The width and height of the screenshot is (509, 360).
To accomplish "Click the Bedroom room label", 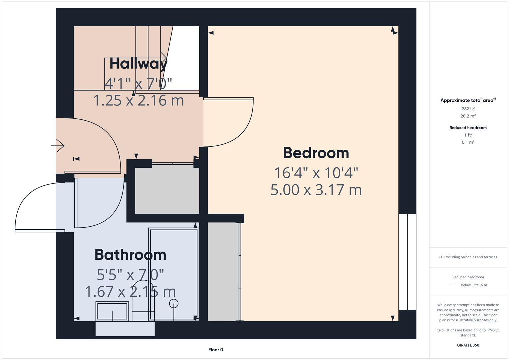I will pos(316,153).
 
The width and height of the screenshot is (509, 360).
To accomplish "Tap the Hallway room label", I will pos(138,63).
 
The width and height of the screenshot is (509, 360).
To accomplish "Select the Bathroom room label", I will pos(130,255).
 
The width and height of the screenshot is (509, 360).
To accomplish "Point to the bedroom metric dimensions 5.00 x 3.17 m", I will pos(316,190).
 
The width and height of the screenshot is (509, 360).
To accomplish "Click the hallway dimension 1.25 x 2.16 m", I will pos(138,100).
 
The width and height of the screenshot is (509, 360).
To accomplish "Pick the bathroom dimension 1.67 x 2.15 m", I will pos(130,292).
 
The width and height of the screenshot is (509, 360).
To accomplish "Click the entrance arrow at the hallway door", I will pos(58,146).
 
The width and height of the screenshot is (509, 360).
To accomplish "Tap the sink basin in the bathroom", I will pos(112,311).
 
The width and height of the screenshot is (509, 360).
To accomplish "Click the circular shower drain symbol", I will pos(174,303).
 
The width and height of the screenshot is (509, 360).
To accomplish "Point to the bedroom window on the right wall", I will pos(407,262).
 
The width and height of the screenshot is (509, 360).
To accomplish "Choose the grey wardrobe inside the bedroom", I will pos(223,272).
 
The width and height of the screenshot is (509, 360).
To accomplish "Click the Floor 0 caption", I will pos(216,350).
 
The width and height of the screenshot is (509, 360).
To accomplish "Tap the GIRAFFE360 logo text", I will pos(468,345).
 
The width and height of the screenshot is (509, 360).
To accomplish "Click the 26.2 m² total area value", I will pos(468,116).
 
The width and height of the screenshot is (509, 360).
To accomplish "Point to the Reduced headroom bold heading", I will pos(468,128).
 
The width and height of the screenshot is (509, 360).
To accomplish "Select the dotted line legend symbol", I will pos(454,285).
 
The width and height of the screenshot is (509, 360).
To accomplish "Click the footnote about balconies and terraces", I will pos(468,257).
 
